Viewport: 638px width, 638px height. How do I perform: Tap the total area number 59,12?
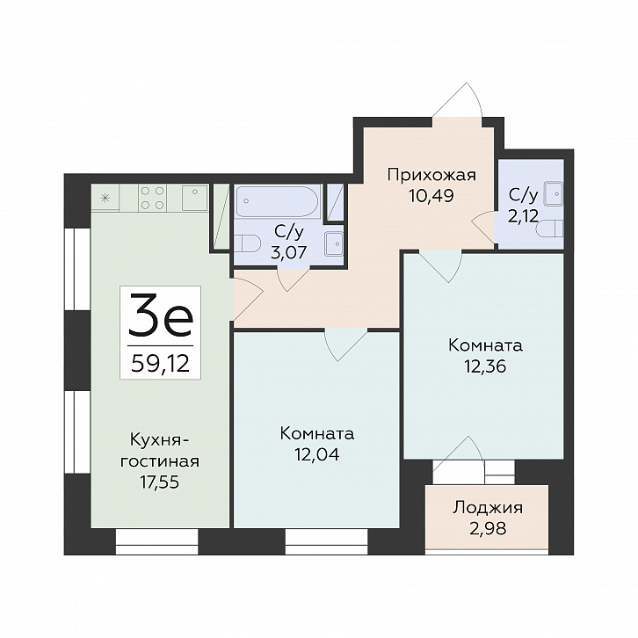pos(161,363)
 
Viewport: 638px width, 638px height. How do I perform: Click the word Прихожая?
pos(431,176)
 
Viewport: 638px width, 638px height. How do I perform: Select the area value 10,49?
pos(431,196)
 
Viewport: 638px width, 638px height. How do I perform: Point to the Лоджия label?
pos(488,508)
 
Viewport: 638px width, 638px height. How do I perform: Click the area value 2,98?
pos(488,528)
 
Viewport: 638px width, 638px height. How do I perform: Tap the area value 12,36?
pos(485,366)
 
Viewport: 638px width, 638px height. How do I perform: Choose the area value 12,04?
pos(317,454)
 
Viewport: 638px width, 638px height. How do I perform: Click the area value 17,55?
pos(160,482)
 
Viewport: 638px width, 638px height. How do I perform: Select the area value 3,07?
pos(288,252)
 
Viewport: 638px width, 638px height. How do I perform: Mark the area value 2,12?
pos(523,215)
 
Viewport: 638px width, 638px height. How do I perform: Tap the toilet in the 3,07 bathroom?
pos(248,243)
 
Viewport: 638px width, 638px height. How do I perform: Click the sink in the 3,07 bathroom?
pos(336,243)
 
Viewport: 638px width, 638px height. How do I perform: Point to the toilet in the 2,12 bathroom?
pos(550,229)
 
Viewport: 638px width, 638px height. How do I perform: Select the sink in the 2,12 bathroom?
pos(554,192)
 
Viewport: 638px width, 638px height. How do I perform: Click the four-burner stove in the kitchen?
pos(153,198)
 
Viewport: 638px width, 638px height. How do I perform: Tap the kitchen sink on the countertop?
pos(195,198)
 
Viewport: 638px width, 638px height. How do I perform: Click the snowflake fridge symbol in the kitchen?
pos(105,198)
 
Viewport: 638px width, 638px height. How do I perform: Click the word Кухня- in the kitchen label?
pos(160,440)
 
